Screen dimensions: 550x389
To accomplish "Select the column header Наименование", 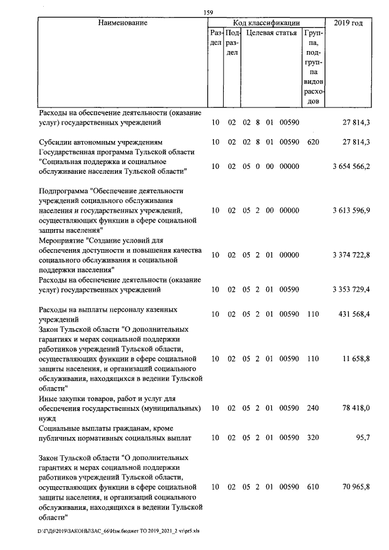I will click(123, 23).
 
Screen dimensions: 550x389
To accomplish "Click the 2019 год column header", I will click(349, 23).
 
